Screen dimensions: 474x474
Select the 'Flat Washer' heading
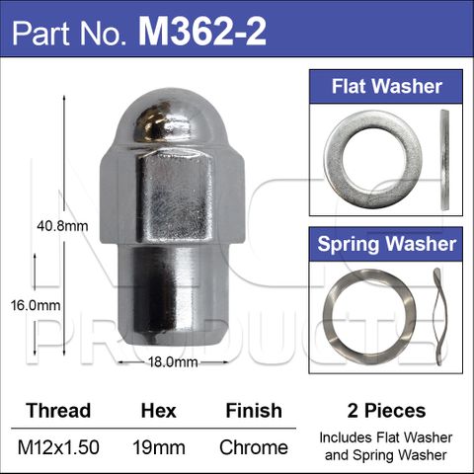(387, 86)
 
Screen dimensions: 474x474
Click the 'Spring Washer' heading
(387, 243)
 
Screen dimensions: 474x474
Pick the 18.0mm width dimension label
(171, 361)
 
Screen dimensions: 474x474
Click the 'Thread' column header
(57, 410)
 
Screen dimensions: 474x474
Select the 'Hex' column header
(158, 410)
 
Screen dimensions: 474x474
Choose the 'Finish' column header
(253, 410)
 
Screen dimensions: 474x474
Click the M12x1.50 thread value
(58, 447)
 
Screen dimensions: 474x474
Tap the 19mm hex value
(158, 447)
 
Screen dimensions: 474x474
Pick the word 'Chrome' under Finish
(254, 447)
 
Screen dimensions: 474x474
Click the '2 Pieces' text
(387, 410)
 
